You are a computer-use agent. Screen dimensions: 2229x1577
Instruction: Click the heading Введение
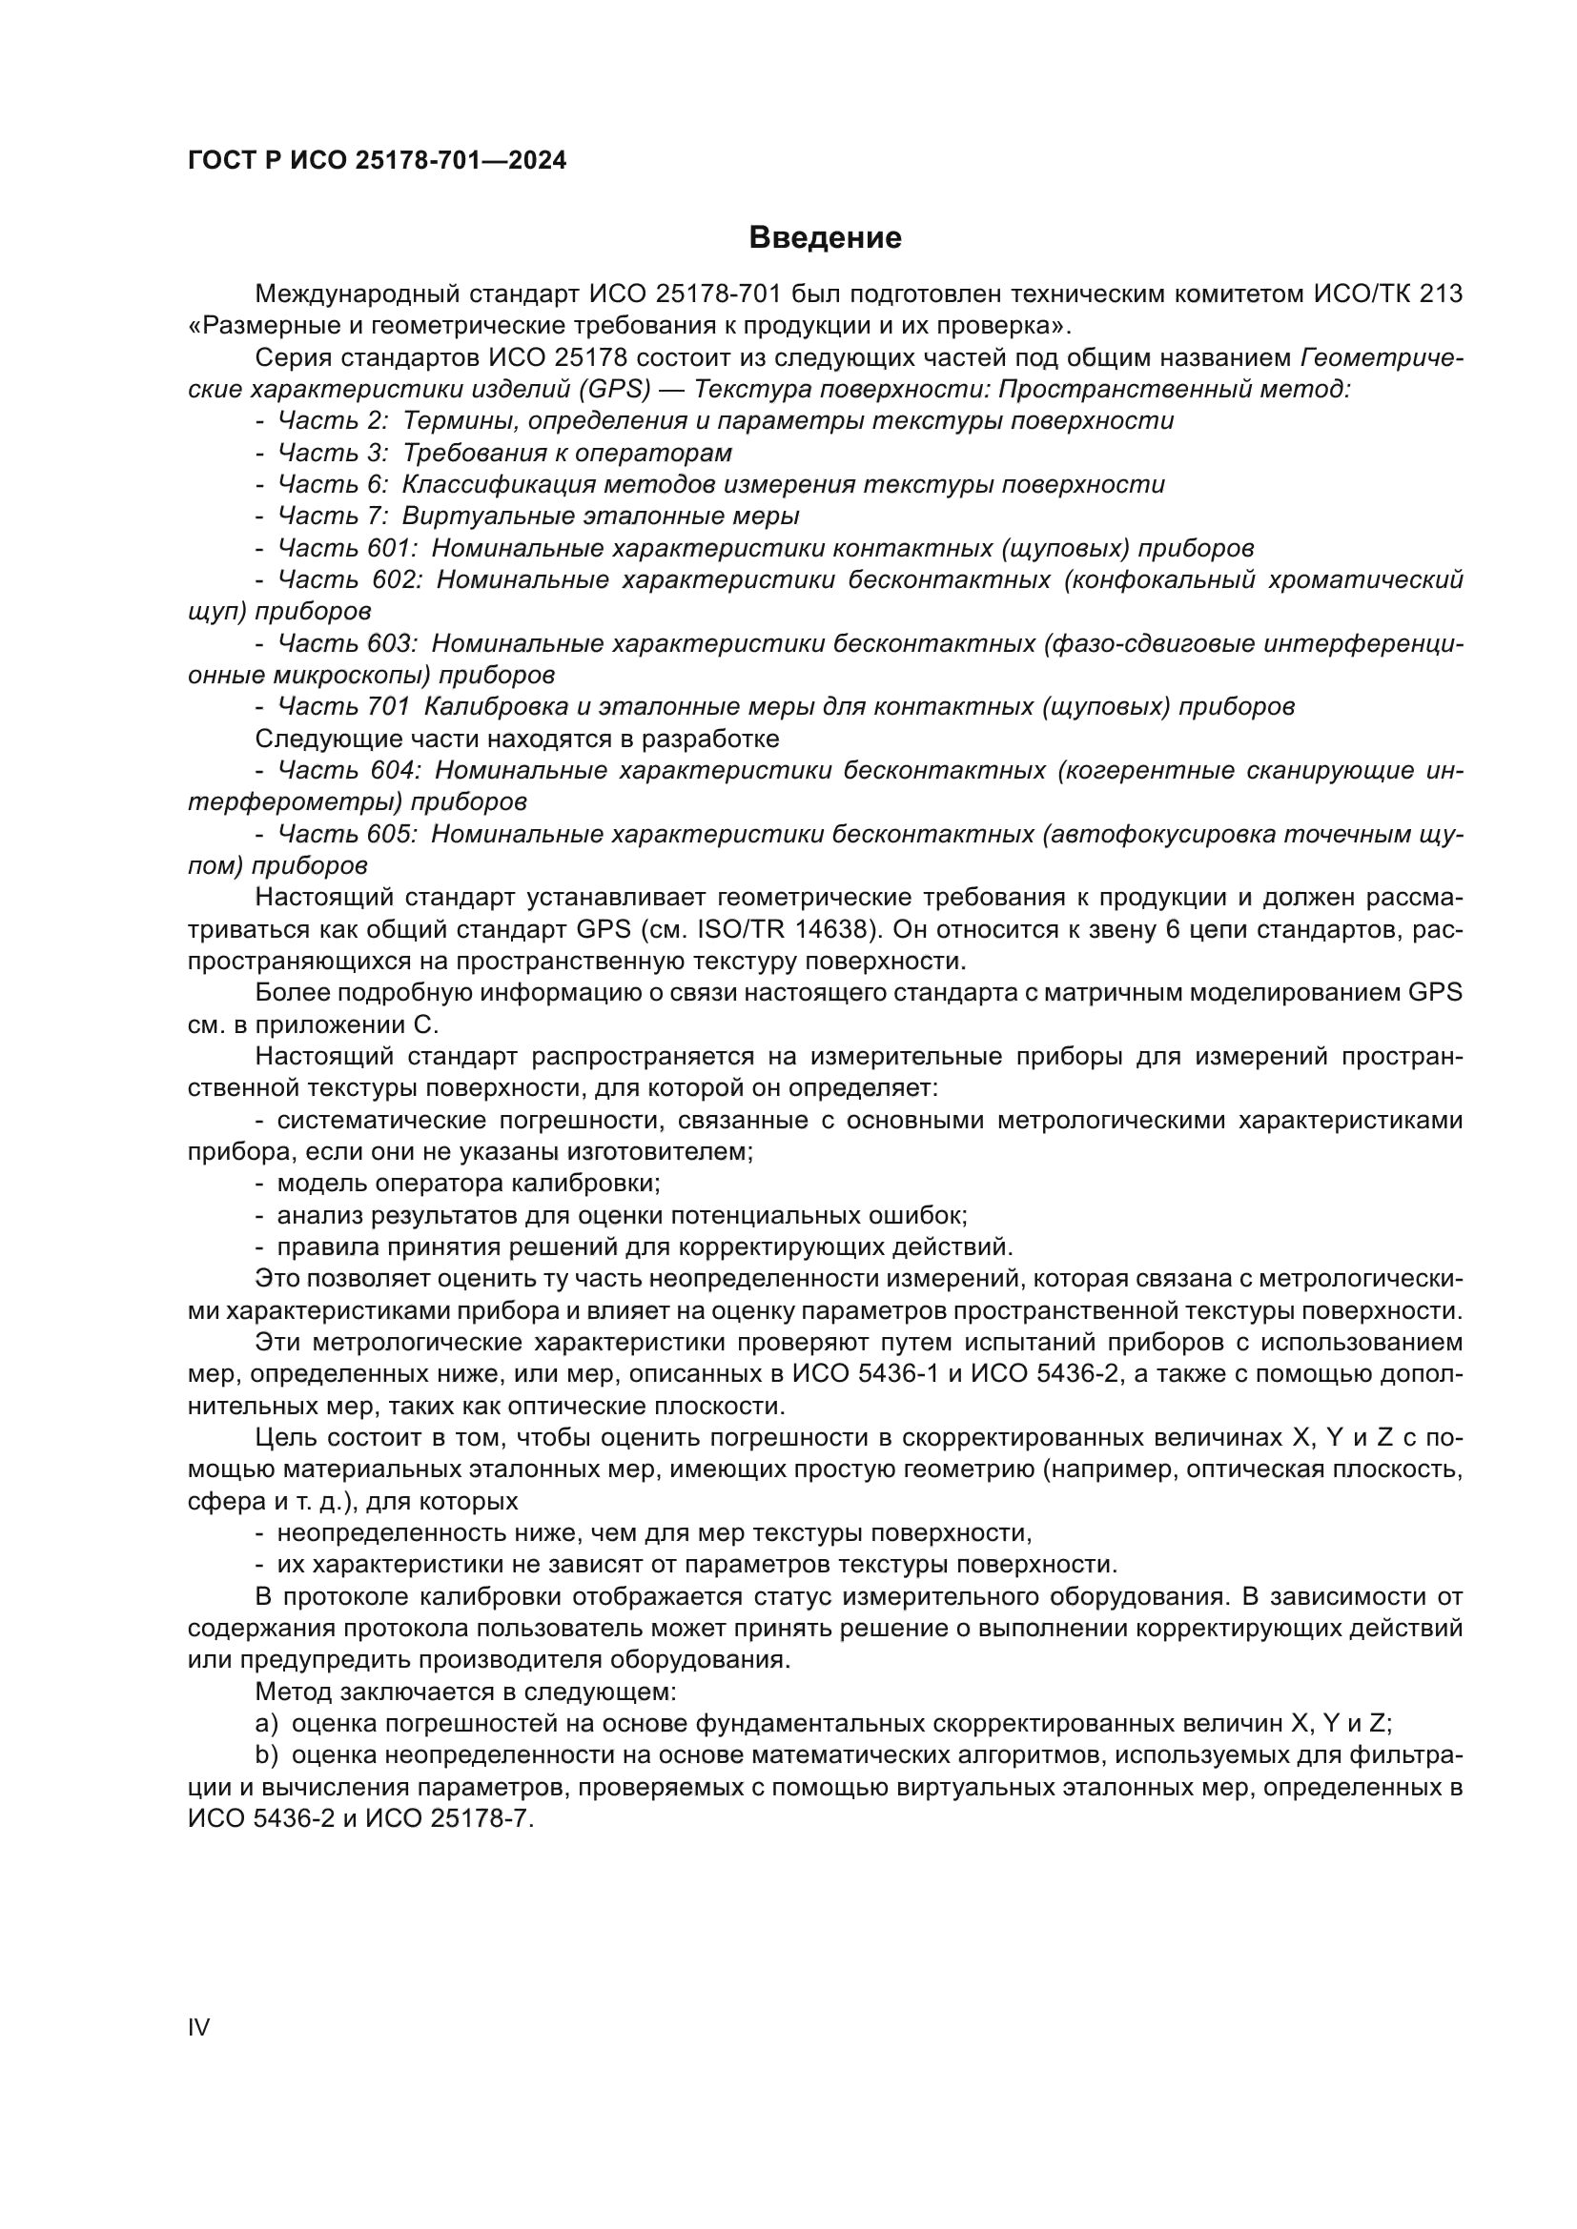(825, 238)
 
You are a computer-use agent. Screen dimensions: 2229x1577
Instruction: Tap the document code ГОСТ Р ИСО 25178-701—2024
(377, 161)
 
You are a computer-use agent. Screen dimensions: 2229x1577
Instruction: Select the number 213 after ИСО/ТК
(1440, 294)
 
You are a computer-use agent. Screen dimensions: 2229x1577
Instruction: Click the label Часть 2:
(333, 421)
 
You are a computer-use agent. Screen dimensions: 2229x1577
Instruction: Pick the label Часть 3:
(333, 454)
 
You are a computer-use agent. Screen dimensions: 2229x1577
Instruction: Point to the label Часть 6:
(333, 484)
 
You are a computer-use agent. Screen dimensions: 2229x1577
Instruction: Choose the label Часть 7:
(333, 517)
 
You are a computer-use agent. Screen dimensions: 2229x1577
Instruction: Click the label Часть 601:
(348, 549)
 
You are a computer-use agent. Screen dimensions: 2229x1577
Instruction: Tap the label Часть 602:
(350, 580)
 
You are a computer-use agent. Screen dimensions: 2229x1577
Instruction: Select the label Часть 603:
(348, 643)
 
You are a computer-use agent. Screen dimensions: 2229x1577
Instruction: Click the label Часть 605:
(348, 834)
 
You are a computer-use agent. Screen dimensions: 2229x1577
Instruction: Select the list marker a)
(266, 1724)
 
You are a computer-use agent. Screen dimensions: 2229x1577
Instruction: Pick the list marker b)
(266, 1755)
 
